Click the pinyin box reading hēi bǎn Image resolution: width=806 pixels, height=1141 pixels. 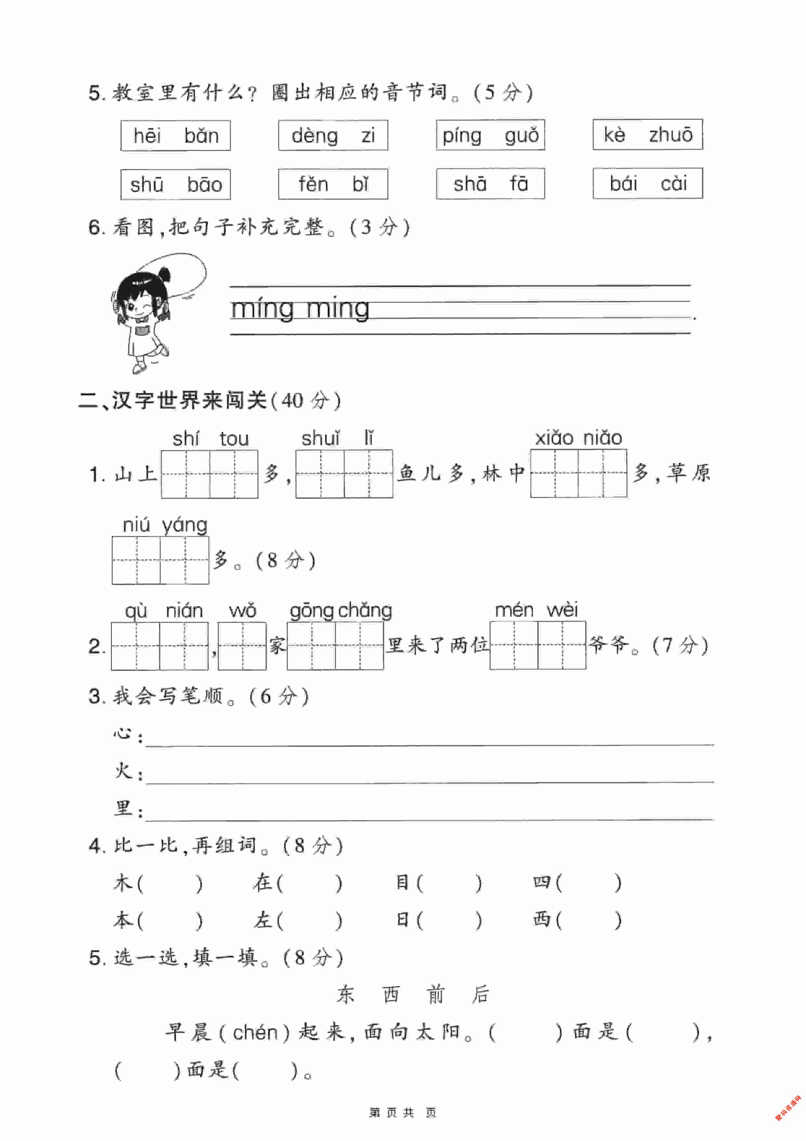point(175,136)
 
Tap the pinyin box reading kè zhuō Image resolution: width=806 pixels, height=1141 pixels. point(647,135)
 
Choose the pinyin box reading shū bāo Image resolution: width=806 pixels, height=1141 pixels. point(175,184)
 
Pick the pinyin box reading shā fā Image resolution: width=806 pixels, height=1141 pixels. point(490,184)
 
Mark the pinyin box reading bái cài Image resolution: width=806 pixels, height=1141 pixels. point(647,183)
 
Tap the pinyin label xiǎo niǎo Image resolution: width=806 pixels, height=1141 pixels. point(578,438)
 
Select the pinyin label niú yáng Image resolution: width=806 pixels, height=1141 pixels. point(165,525)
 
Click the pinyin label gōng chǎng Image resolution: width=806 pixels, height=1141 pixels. point(341,610)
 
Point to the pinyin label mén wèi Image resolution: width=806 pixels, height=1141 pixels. point(536,610)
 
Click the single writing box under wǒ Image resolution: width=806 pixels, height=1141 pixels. point(242,646)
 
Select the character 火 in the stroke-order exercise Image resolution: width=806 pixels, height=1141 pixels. point(122,771)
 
